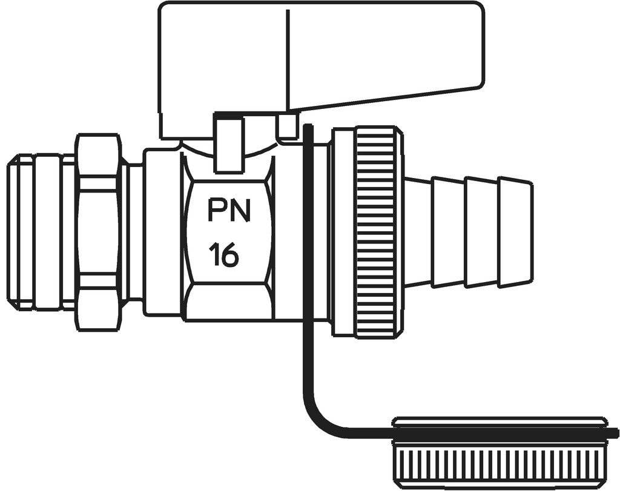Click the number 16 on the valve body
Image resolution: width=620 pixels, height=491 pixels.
[224, 255]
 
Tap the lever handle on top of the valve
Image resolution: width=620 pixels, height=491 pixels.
[321, 59]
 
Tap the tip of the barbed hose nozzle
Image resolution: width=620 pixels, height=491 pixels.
[530, 232]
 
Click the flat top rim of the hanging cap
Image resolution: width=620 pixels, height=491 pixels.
[500, 421]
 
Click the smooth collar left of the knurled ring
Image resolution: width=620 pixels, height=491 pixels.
[343, 232]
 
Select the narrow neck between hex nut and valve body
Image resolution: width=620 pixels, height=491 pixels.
[133, 232]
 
